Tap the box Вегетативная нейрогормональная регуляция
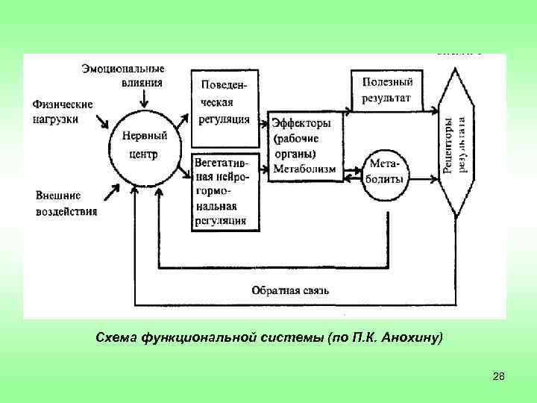click(224, 190)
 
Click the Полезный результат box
click(386, 90)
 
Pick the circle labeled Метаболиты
click(386, 172)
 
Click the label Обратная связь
click(289, 290)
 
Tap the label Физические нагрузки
click(63, 110)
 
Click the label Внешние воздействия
click(66, 203)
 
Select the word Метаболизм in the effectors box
click(304, 169)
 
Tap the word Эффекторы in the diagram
click(301, 123)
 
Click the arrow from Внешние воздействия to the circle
click(110, 192)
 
